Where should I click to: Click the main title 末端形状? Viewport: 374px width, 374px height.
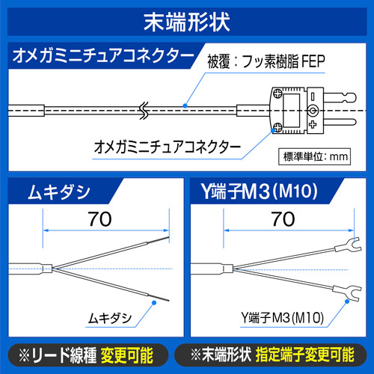click(x=187, y=22)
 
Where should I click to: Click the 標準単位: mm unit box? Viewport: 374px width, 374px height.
click(x=314, y=157)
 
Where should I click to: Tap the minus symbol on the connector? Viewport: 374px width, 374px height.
click(x=313, y=96)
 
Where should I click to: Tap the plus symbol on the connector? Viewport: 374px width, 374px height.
click(x=313, y=124)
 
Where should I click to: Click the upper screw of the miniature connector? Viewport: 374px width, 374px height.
click(x=278, y=93)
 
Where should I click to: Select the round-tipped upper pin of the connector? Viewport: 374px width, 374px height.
click(x=340, y=97)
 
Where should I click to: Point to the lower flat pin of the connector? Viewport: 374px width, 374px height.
click(x=340, y=123)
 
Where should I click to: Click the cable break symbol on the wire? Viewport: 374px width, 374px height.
click(x=144, y=111)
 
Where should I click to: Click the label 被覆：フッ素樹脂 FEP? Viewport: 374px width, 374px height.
click(x=266, y=61)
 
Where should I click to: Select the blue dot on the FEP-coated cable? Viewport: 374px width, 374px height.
click(x=185, y=105)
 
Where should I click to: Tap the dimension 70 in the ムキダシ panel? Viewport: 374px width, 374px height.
click(x=99, y=219)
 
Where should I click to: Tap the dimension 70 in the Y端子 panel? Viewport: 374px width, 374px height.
click(x=283, y=219)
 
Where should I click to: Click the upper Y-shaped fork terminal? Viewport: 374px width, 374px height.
click(x=349, y=245)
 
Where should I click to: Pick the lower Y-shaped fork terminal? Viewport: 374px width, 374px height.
click(x=347, y=292)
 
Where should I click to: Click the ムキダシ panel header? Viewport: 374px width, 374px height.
click(x=59, y=192)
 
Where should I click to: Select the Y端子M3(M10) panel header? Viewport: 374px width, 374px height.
click(x=260, y=191)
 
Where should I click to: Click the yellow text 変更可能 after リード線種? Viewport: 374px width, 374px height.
click(x=127, y=355)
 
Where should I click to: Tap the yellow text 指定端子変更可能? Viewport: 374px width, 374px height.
click(x=304, y=355)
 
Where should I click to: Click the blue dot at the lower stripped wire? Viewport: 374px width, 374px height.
click(x=154, y=303)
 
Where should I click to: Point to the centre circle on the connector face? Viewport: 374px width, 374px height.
click(x=313, y=111)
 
